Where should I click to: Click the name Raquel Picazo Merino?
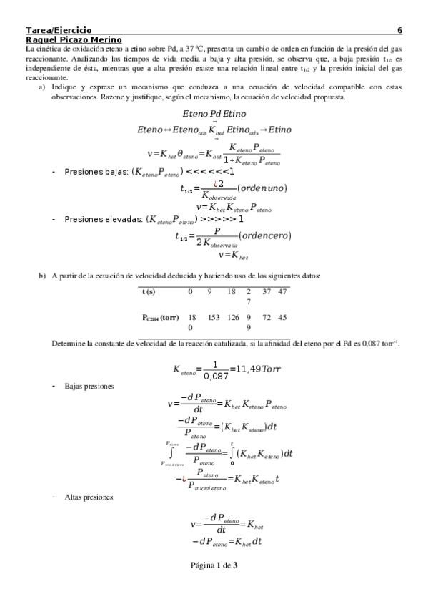click(x=74, y=40)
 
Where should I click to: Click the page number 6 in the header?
click(x=399, y=31)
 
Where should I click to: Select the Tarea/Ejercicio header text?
click(x=58, y=31)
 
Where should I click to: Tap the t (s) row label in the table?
click(x=149, y=291)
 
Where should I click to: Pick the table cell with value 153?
click(x=213, y=316)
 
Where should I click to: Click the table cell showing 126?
click(x=232, y=316)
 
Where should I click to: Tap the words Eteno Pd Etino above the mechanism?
click(x=214, y=114)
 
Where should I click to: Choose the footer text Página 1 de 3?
click(x=214, y=565)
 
